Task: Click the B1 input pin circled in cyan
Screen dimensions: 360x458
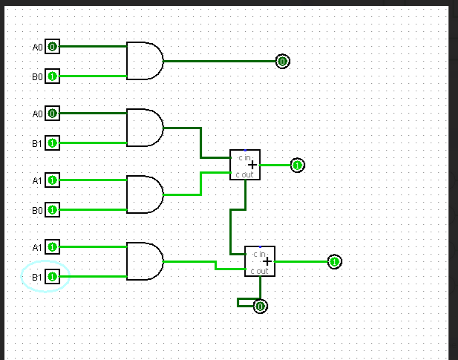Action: pos(52,277)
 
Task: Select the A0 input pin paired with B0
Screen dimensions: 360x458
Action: pos(52,47)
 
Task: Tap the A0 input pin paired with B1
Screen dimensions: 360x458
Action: pos(52,114)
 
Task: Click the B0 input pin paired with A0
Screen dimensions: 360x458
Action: pos(52,76)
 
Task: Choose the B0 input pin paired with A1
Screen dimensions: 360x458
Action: pos(52,210)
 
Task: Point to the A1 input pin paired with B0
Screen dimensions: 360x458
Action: pos(52,180)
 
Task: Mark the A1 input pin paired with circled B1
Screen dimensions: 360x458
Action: pos(52,247)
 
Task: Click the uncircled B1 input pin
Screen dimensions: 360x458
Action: pos(52,143)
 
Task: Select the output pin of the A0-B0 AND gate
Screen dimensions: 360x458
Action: pos(282,62)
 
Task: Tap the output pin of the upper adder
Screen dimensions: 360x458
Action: pos(297,165)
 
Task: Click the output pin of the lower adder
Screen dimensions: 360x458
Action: pos(334,261)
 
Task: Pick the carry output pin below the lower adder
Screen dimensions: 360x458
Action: pos(260,306)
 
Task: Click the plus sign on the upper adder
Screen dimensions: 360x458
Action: pos(252,165)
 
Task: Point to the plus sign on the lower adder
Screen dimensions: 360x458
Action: pos(266,261)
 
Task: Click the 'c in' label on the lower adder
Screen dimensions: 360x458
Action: pos(259,254)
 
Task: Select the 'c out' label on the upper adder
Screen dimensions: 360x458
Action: pos(244,174)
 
